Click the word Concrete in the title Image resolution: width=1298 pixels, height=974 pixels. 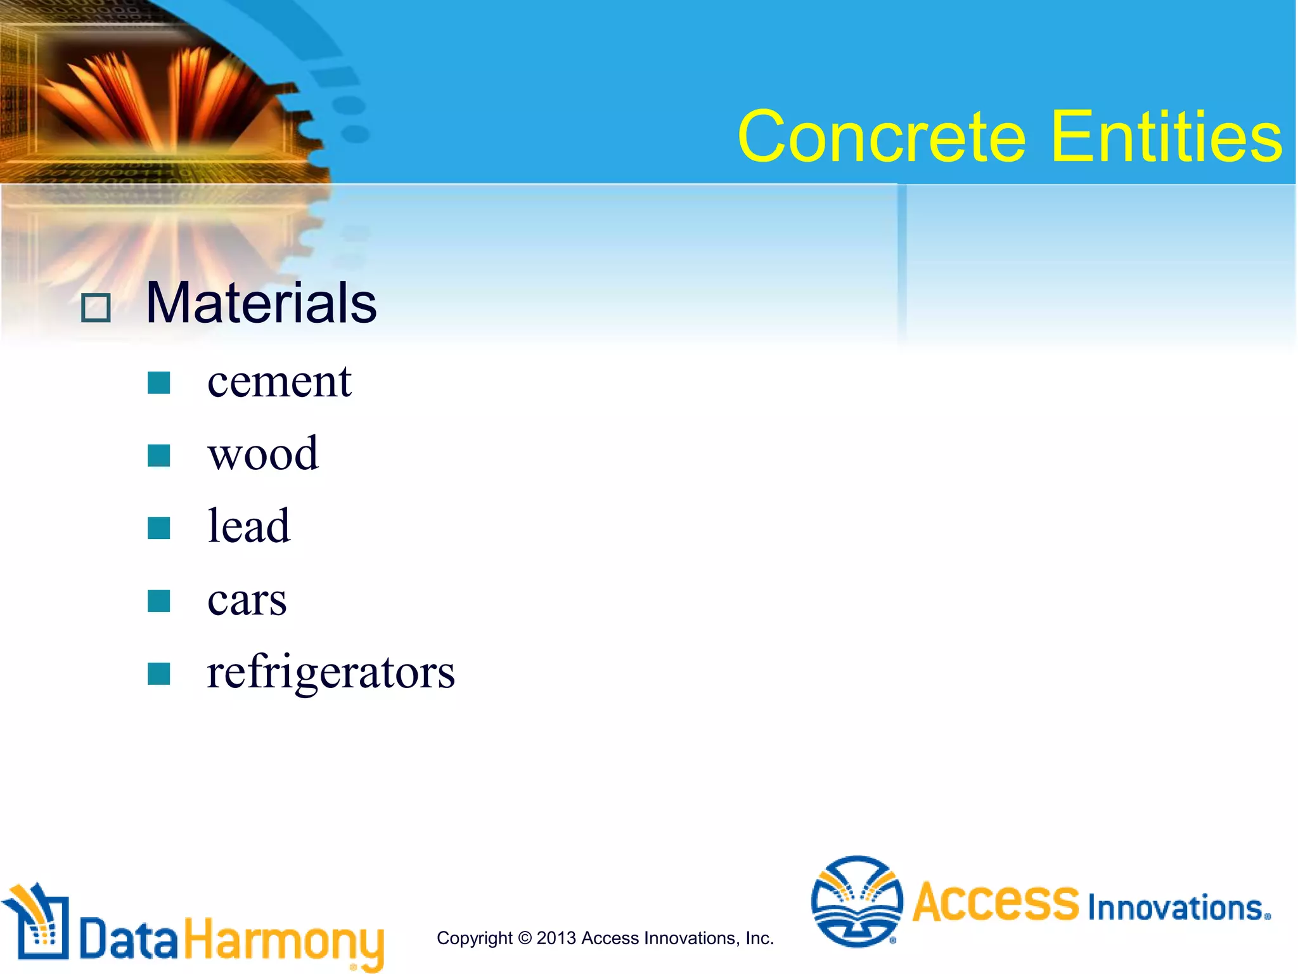pyautogui.click(x=881, y=137)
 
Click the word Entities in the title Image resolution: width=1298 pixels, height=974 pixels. pyautogui.click(x=1166, y=137)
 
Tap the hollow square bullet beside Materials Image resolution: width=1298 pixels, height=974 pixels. pyautogui.click(x=96, y=308)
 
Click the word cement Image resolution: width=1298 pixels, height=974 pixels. pyautogui.click(x=279, y=382)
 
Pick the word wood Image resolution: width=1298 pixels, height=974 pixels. pyautogui.click(x=263, y=455)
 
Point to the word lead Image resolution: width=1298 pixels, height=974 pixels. pyautogui.click(x=248, y=527)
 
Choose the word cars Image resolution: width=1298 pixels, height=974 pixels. pyautogui.click(x=247, y=600)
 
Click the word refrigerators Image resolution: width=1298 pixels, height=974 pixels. pyautogui.click(x=330, y=672)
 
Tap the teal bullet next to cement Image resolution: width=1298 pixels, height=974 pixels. pyautogui.click(x=158, y=383)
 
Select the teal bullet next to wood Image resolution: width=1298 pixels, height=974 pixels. pyautogui.click(x=158, y=455)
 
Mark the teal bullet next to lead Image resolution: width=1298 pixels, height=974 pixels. pyautogui.click(x=158, y=528)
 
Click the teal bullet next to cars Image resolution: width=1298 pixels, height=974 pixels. pyautogui.click(x=158, y=601)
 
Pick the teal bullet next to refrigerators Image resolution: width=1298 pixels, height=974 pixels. pyautogui.click(x=158, y=673)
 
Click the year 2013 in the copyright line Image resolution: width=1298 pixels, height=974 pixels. pyautogui.click(x=556, y=938)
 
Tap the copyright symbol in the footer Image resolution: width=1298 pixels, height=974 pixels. pyautogui.click(x=524, y=938)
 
